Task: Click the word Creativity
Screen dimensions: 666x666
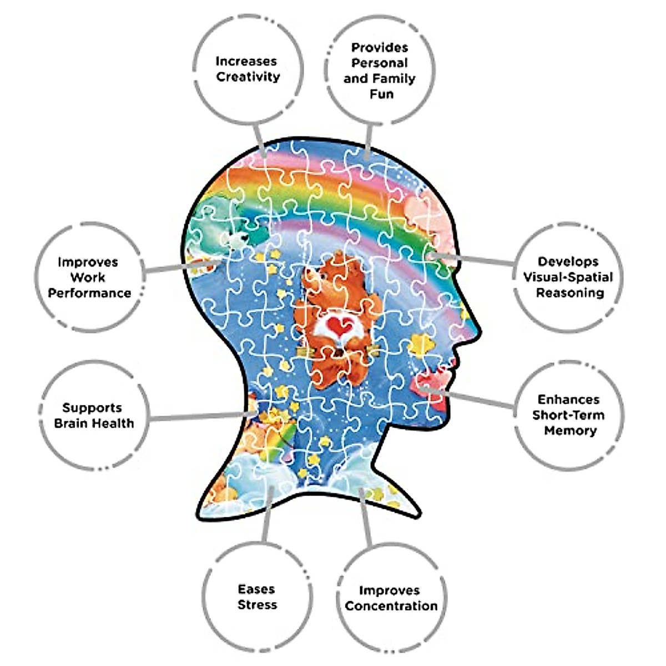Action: (248, 77)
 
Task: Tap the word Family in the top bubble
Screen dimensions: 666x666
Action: (396, 79)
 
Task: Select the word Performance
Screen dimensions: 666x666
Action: (89, 293)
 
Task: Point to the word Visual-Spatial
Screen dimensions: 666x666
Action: (568, 277)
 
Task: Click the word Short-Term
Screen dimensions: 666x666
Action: (568, 415)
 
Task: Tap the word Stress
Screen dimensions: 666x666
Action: (257, 605)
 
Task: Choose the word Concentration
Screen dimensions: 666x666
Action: (391, 606)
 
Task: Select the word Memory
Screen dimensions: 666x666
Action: (570, 431)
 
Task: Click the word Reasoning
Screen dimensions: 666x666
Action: (569, 292)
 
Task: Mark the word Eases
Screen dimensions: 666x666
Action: (256, 589)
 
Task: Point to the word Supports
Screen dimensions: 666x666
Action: (92, 408)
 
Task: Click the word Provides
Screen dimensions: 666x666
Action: (380, 48)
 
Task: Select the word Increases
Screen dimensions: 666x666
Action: (246, 61)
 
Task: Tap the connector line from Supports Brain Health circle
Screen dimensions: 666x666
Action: (200, 416)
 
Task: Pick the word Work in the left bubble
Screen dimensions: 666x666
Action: (88, 277)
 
